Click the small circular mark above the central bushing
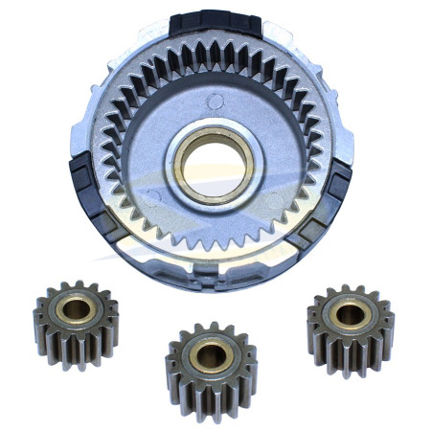215,100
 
